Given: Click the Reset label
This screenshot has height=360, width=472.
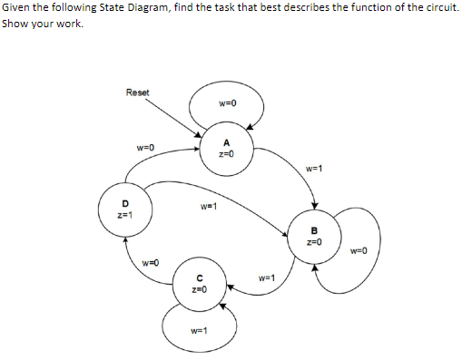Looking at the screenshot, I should pos(138,92).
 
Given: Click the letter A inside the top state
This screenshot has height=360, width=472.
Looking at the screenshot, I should pos(226,142).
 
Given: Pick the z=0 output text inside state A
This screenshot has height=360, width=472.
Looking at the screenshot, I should pos(226,153).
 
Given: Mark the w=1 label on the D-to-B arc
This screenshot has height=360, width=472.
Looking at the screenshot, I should pos(208,206).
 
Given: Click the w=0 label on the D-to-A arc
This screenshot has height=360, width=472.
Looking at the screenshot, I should pos(145,146).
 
